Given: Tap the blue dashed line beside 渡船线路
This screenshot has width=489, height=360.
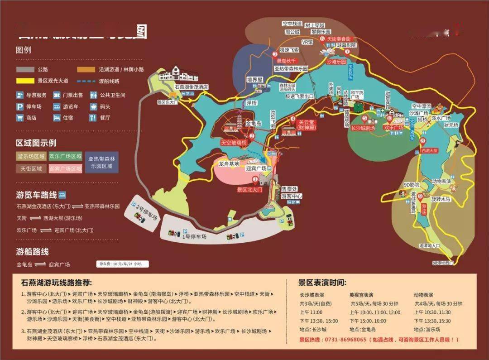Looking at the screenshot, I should click(85, 81).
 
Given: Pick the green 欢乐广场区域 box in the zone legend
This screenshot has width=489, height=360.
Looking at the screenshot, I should click(66, 157).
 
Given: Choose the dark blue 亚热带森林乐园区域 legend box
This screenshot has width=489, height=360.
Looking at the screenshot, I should click(101, 162).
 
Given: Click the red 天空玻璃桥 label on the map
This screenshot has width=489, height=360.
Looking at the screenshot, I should click(234, 143).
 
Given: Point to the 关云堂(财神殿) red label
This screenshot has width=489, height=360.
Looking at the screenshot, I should click(307, 125).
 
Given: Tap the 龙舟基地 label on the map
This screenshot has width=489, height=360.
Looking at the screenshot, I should click(229, 164).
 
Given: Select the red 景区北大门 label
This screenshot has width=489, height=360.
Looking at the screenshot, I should click(249, 190).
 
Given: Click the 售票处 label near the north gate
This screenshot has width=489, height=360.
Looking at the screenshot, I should click(289, 189).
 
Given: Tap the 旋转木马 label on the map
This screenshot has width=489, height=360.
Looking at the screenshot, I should click(441, 199).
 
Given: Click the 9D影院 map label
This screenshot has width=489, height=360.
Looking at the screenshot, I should click(411, 185).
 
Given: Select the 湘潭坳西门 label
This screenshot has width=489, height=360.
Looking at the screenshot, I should click(442, 263).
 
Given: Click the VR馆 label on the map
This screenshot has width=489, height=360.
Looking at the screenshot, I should click(307, 42).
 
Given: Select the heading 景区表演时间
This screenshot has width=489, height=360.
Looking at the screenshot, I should click(322, 283).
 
